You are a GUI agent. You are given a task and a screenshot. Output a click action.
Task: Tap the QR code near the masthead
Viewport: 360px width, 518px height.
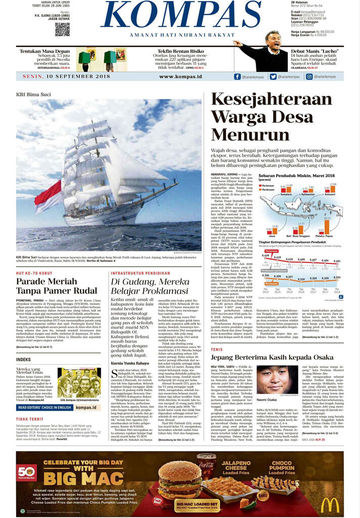point(62,29)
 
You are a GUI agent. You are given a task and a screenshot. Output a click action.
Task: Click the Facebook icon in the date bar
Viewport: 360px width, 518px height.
point(237,77)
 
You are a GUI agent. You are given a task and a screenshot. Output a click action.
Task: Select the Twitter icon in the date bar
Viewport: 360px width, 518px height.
point(273,77)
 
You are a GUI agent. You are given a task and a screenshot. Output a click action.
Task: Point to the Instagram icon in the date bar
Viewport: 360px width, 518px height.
point(309,77)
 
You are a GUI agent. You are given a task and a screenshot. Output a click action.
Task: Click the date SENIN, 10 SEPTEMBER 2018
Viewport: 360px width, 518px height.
point(66,77)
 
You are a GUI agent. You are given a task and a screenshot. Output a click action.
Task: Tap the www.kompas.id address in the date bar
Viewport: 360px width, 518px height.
point(181,77)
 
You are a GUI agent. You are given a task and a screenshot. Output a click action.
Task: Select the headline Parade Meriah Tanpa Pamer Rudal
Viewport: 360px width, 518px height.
point(47,286)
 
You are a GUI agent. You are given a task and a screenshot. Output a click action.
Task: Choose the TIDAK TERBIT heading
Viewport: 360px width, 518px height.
point(29,419)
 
